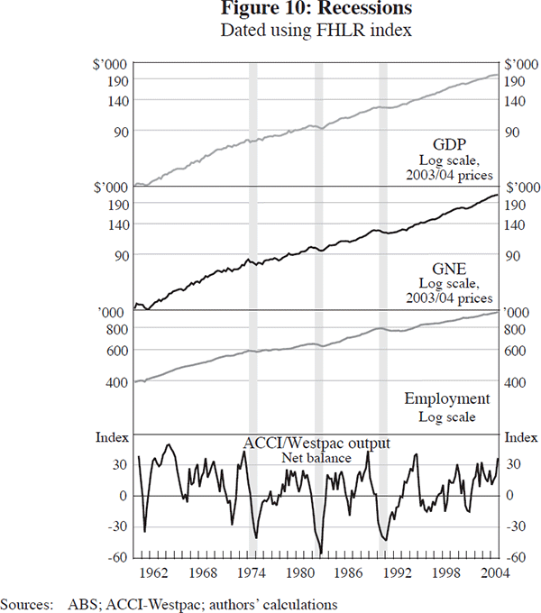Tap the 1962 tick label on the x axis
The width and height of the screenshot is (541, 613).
[151, 573]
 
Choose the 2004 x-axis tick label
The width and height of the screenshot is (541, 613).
[491, 573]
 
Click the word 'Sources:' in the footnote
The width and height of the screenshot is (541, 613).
[27, 604]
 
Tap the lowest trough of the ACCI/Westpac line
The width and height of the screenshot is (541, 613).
[322, 554]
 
